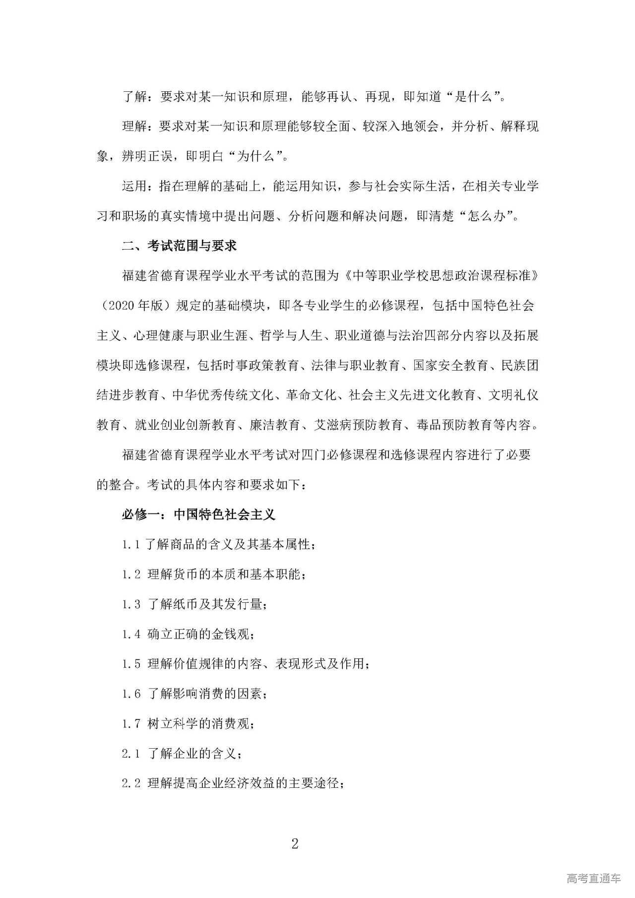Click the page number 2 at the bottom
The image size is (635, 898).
point(295,844)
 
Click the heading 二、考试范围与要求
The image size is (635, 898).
point(180,246)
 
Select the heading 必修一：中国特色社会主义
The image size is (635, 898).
point(198,514)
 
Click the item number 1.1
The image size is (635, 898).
point(131,544)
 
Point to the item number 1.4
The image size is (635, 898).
point(131,634)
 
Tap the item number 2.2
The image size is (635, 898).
point(131,783)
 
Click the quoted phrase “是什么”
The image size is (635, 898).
point(476,97)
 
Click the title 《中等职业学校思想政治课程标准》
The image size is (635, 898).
point(440,275)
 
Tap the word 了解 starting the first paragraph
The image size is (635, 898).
point(134,97)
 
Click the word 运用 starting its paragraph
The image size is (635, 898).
point(134,187)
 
